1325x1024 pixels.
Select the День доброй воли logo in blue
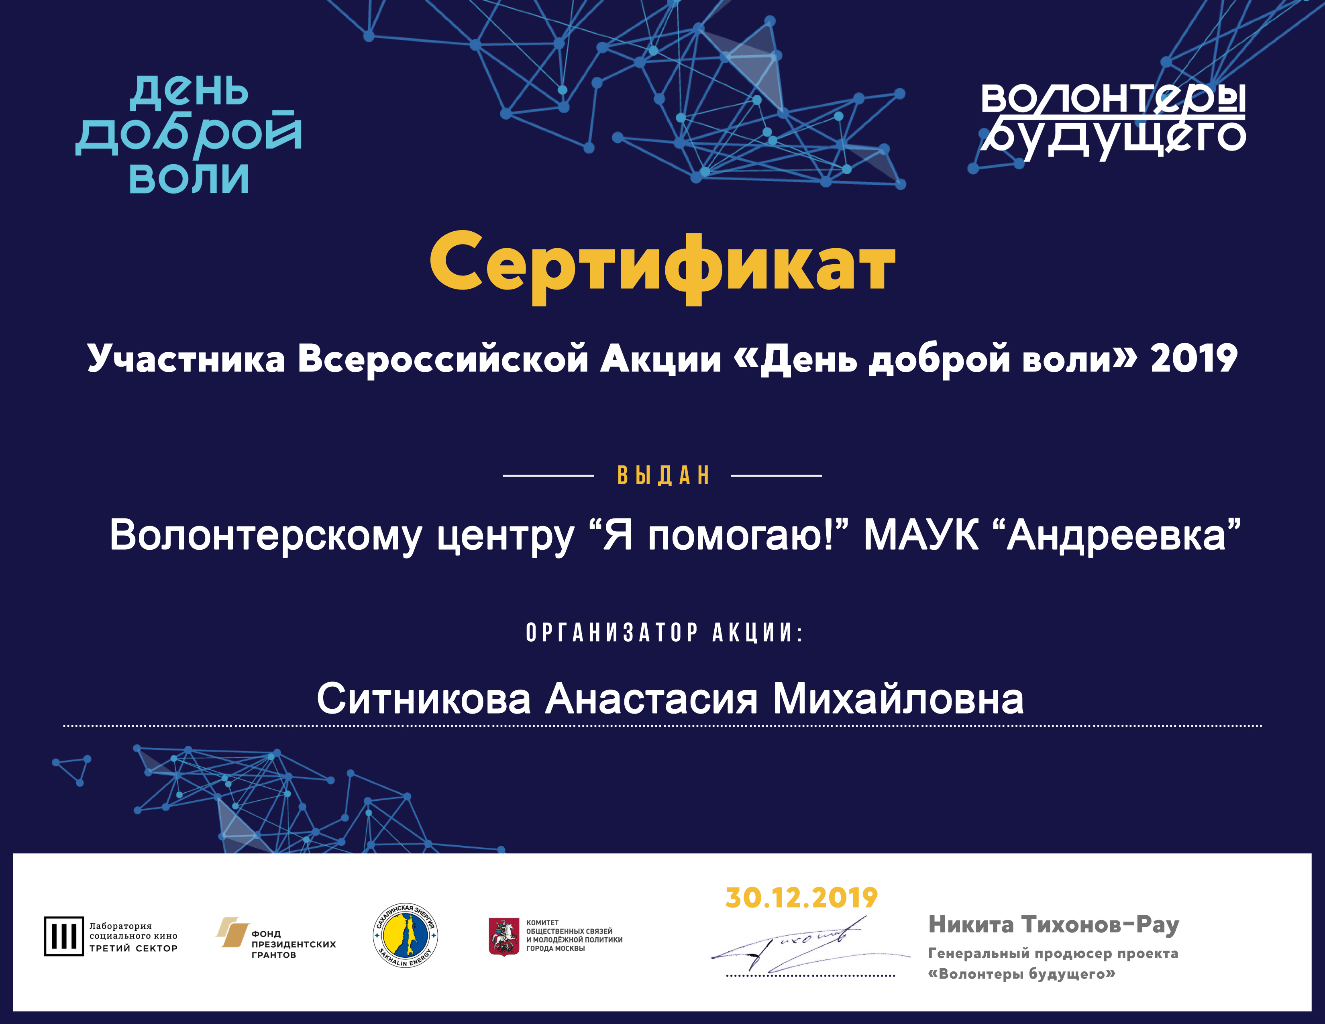[188, 135]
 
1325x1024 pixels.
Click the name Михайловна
[898, 698]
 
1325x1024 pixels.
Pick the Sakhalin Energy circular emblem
[405, 935]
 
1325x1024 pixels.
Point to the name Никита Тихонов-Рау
[1054, 924]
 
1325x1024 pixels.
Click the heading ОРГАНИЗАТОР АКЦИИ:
[665, 633]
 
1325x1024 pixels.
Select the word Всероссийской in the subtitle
[443, 359]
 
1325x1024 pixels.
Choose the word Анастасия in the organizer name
[652, 698]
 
